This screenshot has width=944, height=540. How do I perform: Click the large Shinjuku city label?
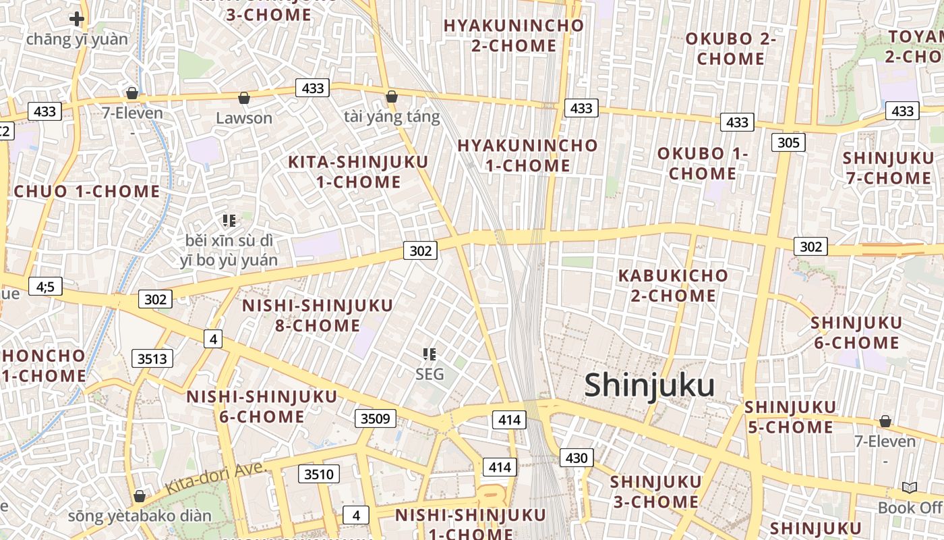(x=649, y=385)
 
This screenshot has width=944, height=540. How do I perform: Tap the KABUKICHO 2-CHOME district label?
(x=673, y=286)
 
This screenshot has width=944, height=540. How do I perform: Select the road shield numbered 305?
(x=788, y=142)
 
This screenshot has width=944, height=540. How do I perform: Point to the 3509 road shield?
(x=375, y=418)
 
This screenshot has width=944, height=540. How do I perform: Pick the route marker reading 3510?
(x=318, y=474)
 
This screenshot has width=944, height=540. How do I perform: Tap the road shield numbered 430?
(x=577, y=458)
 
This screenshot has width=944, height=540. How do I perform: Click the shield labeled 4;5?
(x=45, y=287)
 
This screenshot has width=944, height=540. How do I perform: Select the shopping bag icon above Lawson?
(x=244, y=99)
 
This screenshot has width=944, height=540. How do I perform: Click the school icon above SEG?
(x=430, y=354)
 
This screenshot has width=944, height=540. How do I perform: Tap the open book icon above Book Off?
(x=909, y=487)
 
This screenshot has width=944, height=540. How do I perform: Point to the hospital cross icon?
(x=77, y=19)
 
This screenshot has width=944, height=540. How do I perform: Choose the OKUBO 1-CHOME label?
(x=703, y=163)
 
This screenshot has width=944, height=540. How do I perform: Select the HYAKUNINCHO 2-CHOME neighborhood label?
(x=514, y=36)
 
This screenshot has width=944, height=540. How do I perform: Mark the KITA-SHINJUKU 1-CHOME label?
(x=358, y=171)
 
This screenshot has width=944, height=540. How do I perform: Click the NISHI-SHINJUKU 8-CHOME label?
(x=301, y=315)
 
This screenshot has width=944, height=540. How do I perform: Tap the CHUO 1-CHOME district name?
(x=87, y=191)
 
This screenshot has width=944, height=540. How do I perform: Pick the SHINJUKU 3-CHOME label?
(x=655, y=491)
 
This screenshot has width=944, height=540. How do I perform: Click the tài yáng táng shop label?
(x=392, y=117)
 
